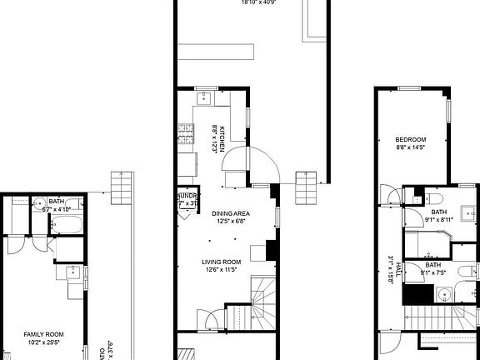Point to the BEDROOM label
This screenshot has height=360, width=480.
[x=411, y=139]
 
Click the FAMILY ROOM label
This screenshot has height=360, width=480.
[x=43, y=334]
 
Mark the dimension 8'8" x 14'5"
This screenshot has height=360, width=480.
[x=411, y=147]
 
